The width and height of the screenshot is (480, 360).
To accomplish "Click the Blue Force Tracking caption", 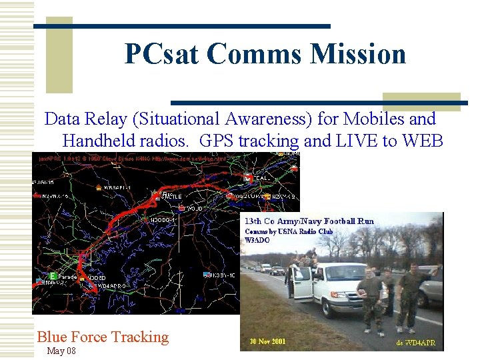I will tap(103, 337).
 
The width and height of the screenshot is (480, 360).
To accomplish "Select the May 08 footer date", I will tap(61, 351).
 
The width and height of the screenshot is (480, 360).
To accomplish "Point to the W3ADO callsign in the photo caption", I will tap(257, 240).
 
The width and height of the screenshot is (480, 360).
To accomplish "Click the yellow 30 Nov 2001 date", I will tap(268, 341).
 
